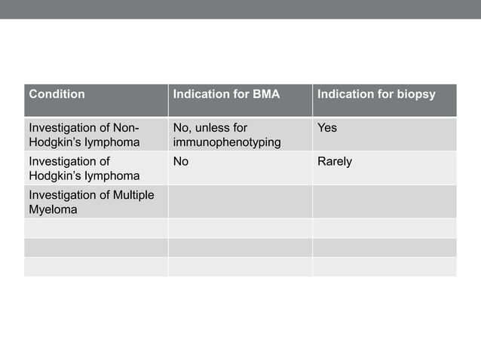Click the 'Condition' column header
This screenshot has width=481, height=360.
point(57,95)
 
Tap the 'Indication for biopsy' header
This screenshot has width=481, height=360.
point(376,95)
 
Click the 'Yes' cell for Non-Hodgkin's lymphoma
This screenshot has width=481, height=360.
point(327,128)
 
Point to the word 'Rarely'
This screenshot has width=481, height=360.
point(335,161)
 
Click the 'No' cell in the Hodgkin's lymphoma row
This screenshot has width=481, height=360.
point(181,161)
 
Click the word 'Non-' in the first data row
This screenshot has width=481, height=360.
point(125,128)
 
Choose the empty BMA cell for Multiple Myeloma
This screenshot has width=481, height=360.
point(240,202)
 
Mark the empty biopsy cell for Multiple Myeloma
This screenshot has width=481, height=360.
point(384,202)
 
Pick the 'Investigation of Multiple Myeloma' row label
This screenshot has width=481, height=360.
point(90,202)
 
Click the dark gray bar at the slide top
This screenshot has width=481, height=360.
point(240,9)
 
